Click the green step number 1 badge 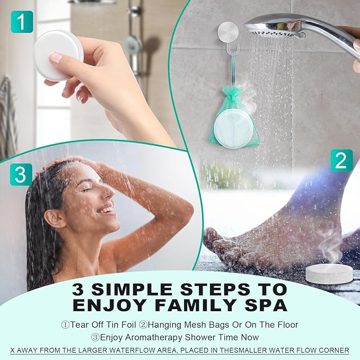[x=21, y=22]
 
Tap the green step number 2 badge [x=342, y=160]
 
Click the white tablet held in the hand [x=57, y=55]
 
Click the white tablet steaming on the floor [x=329, y=273]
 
